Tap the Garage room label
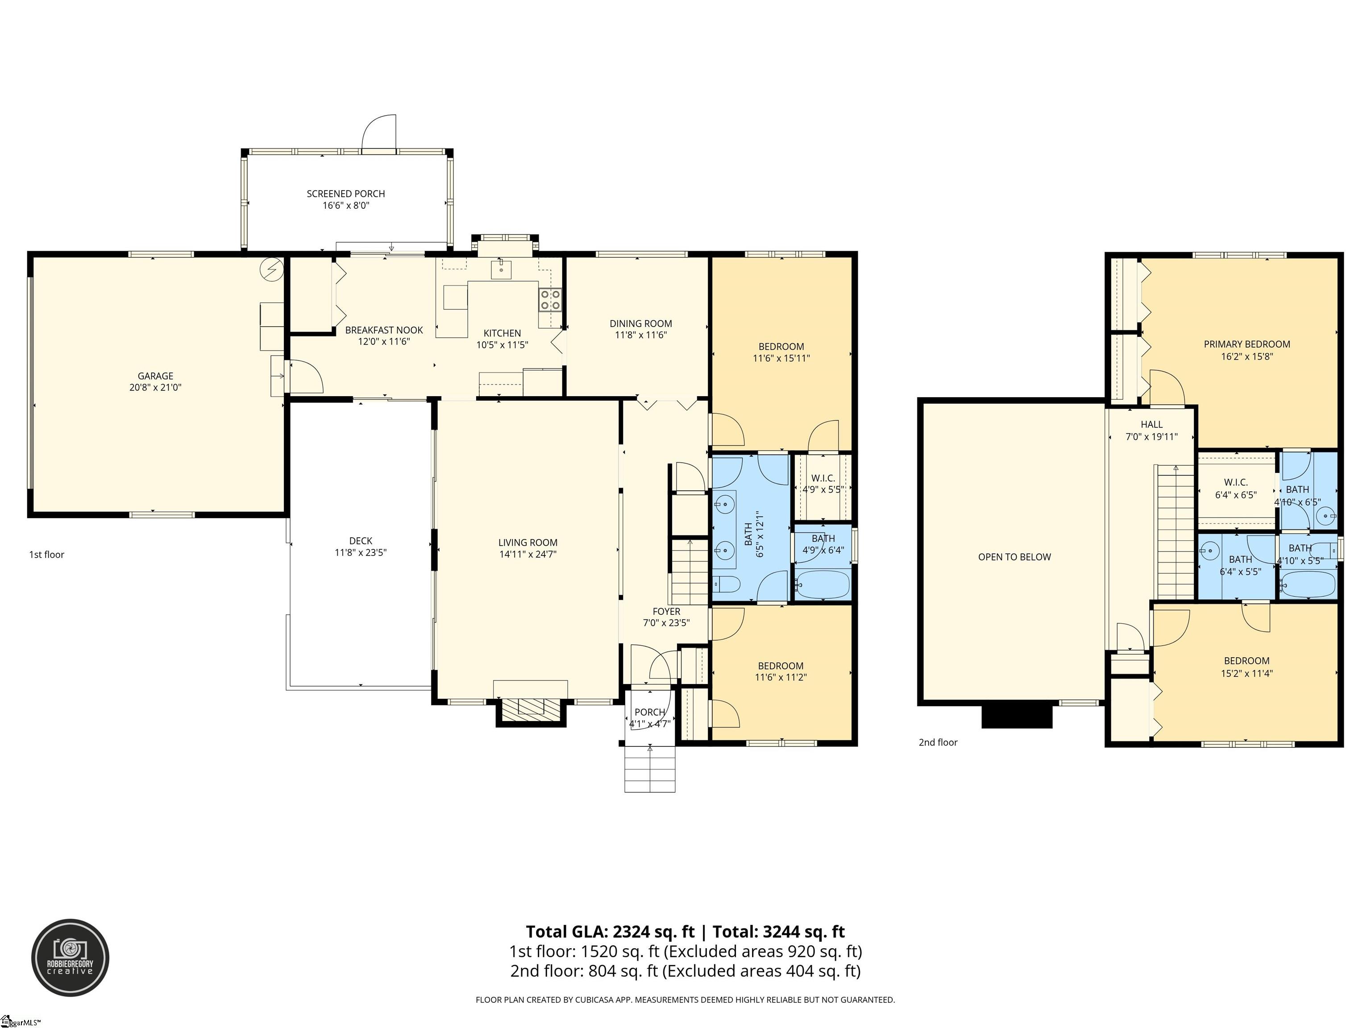(156, 376)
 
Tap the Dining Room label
(641, 323)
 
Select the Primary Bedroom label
(1247, 344)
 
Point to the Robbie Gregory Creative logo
(71, 958)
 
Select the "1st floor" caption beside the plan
(46, 555)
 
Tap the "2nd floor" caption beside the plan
(938, 742)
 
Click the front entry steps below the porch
(649, 769)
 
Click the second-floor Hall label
(1151, 424)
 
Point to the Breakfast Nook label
(384, 330)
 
